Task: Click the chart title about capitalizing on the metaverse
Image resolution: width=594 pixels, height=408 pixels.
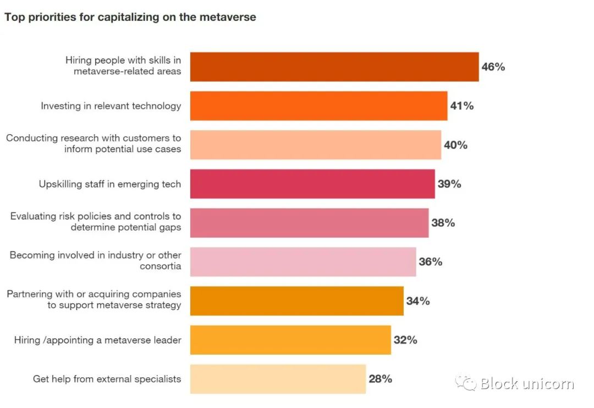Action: tap(130, 17)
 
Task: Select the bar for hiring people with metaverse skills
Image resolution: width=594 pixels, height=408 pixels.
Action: tap(334, 67)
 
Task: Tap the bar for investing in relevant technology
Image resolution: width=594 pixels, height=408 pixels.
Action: tap(318, 106)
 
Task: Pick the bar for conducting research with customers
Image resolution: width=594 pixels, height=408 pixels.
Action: tap(316, 145)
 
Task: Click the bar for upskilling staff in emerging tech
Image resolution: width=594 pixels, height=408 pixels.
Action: tap(312, 184)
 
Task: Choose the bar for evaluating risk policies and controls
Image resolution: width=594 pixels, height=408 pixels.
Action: tap(309, 223)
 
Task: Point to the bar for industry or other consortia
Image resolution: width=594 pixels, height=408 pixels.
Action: tap(303, 262)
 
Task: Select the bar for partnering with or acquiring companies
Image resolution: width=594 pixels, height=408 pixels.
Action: tap(297, 301)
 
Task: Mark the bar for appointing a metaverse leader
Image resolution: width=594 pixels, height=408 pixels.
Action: tap(290, 340)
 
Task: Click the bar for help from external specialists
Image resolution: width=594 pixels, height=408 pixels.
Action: tap(278, 379)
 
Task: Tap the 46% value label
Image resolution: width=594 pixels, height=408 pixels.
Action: tap(493, 67)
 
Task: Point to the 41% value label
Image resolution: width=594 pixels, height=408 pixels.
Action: tap(461, 106)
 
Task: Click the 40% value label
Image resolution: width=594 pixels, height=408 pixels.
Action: tap(455, 145)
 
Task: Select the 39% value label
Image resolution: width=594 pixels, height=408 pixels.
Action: tap(449, 184)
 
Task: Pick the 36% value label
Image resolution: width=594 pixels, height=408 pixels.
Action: tap(431, 262)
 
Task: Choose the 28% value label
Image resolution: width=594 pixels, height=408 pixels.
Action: tap(380, 379)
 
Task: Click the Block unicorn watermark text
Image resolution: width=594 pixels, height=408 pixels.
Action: tap(526, 383)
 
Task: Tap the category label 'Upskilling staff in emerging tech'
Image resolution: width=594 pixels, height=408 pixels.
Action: tap(109, 184)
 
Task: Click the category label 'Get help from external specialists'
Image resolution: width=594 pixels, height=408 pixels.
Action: tap(107, 379)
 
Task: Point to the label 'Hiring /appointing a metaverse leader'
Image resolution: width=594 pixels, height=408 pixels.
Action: tap(97, 340)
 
